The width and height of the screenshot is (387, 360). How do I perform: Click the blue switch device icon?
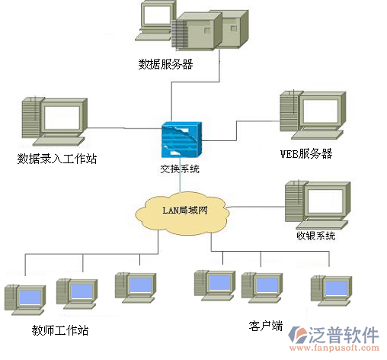click(x=182, y=140)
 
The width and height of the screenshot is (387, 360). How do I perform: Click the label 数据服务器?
click(x=165, y=64)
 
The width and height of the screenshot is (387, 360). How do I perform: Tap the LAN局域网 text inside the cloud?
click(x=185, y=211)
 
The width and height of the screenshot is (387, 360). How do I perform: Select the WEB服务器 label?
click(x=306, y=153)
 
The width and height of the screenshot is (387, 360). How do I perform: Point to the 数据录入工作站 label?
click(x=57, y=159)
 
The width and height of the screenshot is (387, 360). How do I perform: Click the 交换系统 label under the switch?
click(x=180, y=169)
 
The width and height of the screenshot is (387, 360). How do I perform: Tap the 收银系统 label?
click(x=316, y=236)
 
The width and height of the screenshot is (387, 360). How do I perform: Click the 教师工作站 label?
click(x=60, y=330)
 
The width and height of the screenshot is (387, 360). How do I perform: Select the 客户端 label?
click(x=266, y=326)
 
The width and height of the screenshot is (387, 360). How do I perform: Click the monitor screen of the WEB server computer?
click(x=321, y=111)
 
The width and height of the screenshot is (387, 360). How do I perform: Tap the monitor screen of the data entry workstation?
click(x=62, y=117)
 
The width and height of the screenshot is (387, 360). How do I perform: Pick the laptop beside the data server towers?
click(x=155, y=21)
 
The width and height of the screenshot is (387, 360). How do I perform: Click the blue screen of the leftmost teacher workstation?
click(x=30, y=297)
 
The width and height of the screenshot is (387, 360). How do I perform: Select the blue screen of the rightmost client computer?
click(x=336, y=288)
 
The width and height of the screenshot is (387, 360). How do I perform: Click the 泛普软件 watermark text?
click(x=344, y=335)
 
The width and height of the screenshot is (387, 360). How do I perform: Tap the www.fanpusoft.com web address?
click(x=334, y=348)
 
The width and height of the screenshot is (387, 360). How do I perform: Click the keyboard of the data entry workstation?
click(x=59, y=141)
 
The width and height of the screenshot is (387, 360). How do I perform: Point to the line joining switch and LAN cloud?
click(x=180, y=175)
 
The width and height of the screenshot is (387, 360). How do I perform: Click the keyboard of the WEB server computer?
click(x=317, y=135)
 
